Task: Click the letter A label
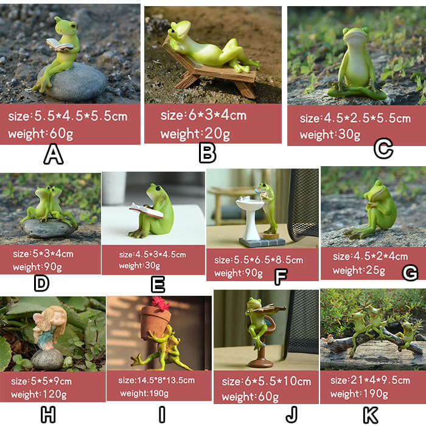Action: (x=54, y=156)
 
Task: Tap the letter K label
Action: (x=370, y=415)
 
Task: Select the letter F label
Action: (x=281, y=278)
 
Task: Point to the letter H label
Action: (x=48, y=415)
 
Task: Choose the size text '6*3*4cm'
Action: (x=203, y=115)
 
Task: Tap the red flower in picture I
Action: (x=162, y=302)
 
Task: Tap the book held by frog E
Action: (x=145, y=211)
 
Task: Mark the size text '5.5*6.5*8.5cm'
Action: (x=259, y=260)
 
